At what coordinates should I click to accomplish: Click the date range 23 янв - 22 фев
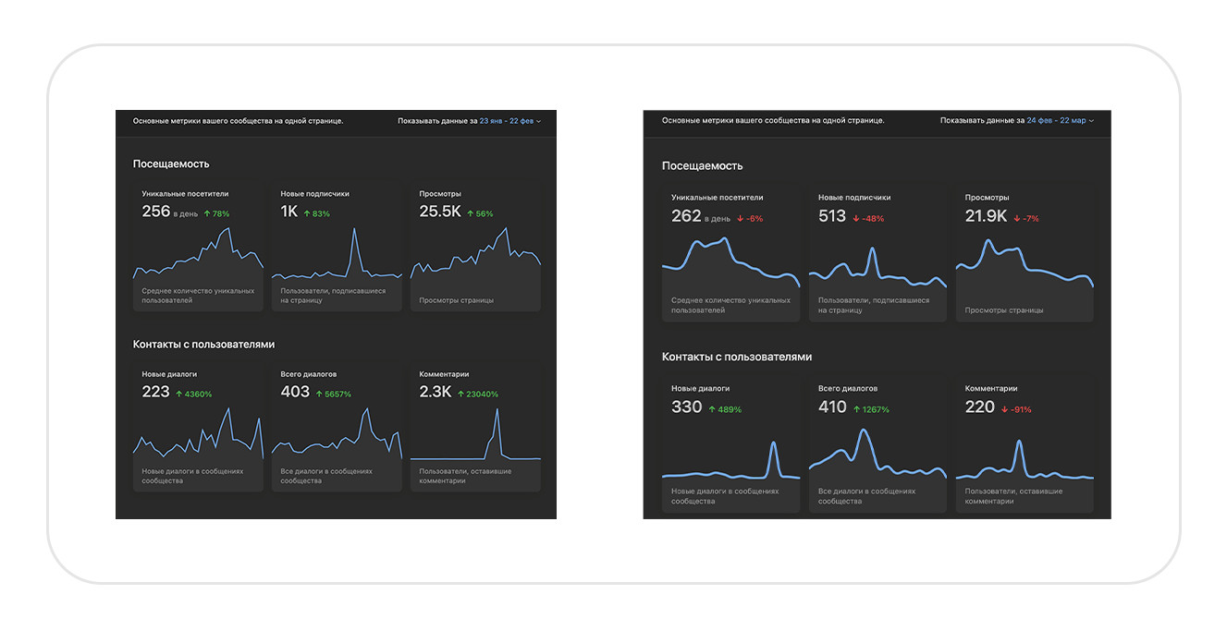tap(507, 121)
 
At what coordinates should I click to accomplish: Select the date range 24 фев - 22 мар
tap(1056, 121)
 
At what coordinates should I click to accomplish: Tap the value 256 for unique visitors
tap(155, 212)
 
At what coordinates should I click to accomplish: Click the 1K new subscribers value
tap(289, 212)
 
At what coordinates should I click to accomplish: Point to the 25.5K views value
tap(439, 212)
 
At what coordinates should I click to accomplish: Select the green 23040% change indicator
tap(478, 394)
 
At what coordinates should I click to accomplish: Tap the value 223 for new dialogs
tap(155, 392)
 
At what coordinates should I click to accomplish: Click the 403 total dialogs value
tap(295, 392)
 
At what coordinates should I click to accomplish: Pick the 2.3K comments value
tap(435, 392)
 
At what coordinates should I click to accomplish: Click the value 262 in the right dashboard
tap(686, 216)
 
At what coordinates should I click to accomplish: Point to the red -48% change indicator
tap(868, 219)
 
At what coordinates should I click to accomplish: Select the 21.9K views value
tap(986, 216)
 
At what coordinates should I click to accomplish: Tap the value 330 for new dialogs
tap(686, 407)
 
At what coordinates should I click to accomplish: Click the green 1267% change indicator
tap(871, 409)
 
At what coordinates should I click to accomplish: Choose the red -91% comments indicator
tap(1017, 409)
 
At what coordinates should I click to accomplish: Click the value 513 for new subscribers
tap(832, 216)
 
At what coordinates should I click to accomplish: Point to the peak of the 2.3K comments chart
tap(497, 409)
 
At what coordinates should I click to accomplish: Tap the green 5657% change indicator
tap(333, 394)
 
